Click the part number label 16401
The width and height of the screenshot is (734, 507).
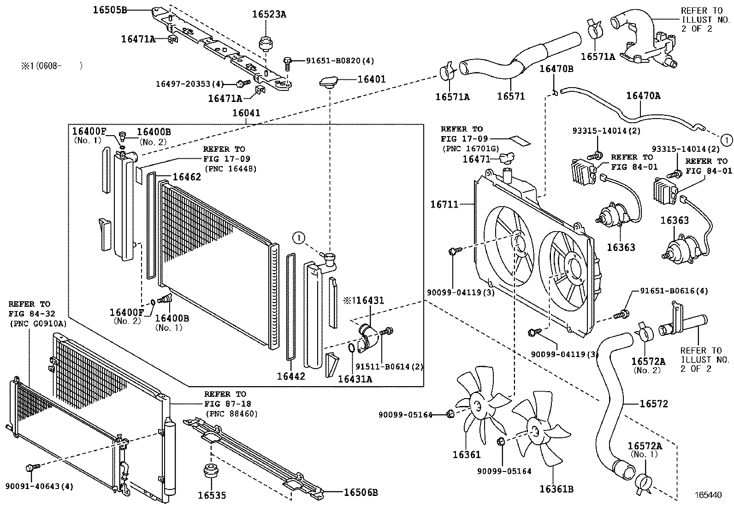pyautogui.click(x=371, y=79)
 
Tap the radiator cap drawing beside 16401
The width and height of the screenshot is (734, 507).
pyautogui.click(x=328, y=83)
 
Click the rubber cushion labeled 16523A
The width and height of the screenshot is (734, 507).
pyautogui.click(x=266, y=42)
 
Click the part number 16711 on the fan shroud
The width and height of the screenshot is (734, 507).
pyautogui.click(x=444, y=204)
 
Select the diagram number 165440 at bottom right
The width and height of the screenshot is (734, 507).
pyautogui.click(x=708, y=495)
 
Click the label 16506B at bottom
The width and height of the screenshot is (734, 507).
pyautogui.click(x=361, y=493)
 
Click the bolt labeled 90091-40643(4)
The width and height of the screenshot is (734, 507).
pyautogui.click(x=31, y=468)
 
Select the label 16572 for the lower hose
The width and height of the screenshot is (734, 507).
pyautogui.click(x=653, y=404)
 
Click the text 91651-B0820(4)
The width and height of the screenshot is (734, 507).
pyautogui.click(x=340, y=60)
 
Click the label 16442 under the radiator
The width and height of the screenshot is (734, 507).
pyautogui.click(x=291, y=376)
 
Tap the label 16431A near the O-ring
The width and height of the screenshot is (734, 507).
pyautogui.click(x=355, y=379)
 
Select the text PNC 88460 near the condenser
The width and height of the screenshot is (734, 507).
pyautogui.click(x=231, y=413)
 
